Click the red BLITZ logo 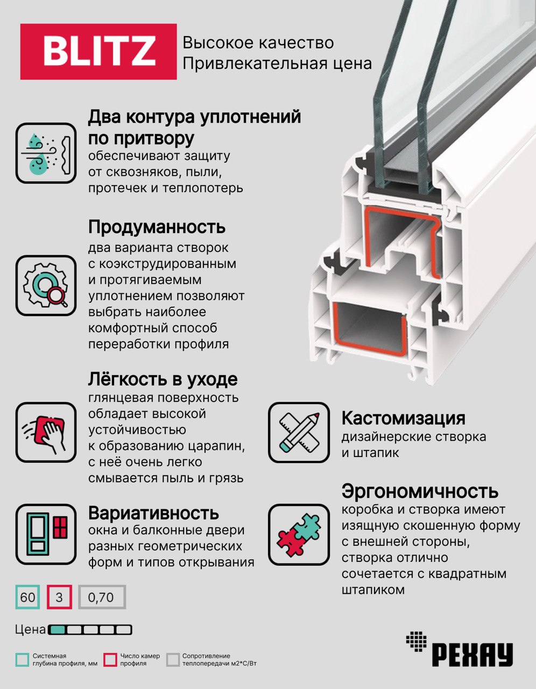coord(98,51)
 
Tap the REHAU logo coord(459,648)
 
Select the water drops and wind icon coord(46,153)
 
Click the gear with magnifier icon coord(46,285)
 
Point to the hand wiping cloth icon coord(46,432)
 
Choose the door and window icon coord(46,535)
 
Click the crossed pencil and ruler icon coord(299,432)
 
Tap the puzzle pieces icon coord(299,535)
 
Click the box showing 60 coord(27,597)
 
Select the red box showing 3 coord(59,597)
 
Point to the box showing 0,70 coord(102,597)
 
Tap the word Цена coord(31,630)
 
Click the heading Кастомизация coord(403,419)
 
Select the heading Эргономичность coord(420,491)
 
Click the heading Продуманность coord(157,227)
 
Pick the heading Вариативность coord(153,512)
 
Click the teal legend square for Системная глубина coord(22,660)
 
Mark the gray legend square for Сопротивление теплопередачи coord(173,660)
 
